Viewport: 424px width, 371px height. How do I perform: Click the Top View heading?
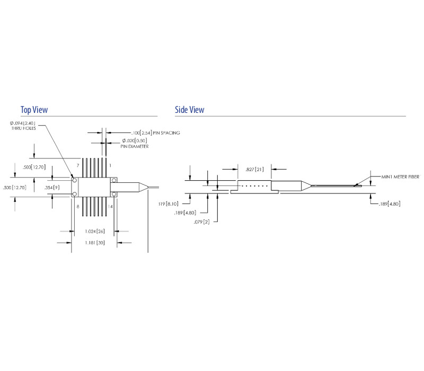click(x=34, y=110)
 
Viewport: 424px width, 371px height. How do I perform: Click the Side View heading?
click(x=189, y=110)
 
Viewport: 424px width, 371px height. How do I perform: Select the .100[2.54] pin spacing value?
click(x=135, y=133)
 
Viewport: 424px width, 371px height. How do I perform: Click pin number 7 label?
click(x=77, y=166)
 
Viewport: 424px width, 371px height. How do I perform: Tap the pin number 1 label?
click(x=110, y=166)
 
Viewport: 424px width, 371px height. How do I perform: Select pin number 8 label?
click(x=77, y=206)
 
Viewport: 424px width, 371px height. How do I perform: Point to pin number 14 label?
click(x=110, y=206)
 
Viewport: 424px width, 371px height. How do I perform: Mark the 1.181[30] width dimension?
click(x=93, y=242)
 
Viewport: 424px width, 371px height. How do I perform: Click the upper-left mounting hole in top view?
click(x=75, y=180)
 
